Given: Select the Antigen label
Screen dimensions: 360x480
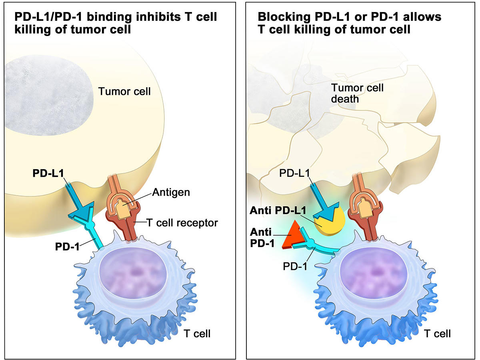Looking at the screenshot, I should [x=171, y=192].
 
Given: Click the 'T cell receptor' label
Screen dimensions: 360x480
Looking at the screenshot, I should [x=182, y=222].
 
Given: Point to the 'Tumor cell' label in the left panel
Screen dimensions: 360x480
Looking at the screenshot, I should [x=124, y=91].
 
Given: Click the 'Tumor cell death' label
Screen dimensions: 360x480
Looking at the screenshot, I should [x=357, y=93].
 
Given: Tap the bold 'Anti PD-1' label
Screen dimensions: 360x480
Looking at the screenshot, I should [x=262, y=238].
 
